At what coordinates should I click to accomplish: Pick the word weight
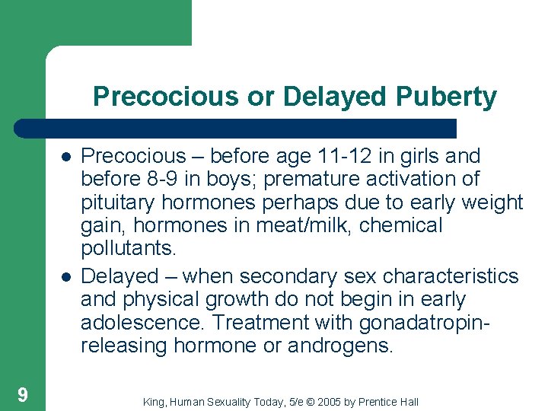[x=490, y=202]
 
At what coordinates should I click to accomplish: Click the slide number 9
[x=23, y=393]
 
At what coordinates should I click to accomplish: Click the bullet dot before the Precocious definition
[x=66, y=157]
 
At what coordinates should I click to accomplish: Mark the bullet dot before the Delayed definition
[x=66, y=276]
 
